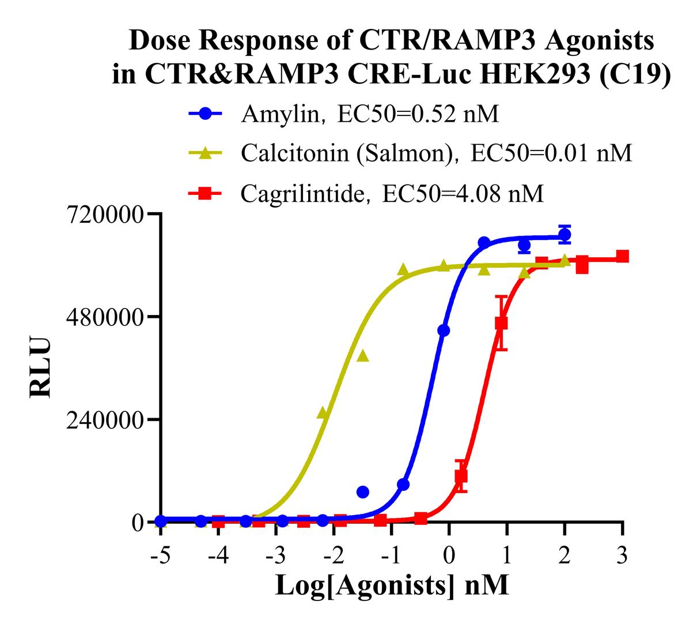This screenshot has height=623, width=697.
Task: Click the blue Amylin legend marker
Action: coord(205,114)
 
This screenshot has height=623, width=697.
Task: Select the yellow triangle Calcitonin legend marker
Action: coord(205,152)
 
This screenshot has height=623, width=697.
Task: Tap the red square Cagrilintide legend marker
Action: coord(205,194)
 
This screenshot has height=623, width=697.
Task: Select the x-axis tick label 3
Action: coord(622,557)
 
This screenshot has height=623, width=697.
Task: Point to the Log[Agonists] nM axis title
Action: coord(392,586)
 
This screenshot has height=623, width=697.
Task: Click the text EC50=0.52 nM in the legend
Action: coord(418,114)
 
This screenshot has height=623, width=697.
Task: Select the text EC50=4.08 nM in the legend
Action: coord(461,194)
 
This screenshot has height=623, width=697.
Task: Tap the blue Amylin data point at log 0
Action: coord(444,331)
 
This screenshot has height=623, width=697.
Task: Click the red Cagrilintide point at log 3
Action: coord(622,256)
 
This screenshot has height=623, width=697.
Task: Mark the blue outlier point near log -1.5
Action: coord(363,492)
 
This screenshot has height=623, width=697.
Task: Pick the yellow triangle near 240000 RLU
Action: coord(323,414)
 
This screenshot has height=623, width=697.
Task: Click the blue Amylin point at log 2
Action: coord(565,235)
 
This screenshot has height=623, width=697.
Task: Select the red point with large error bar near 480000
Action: coord(501,323)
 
